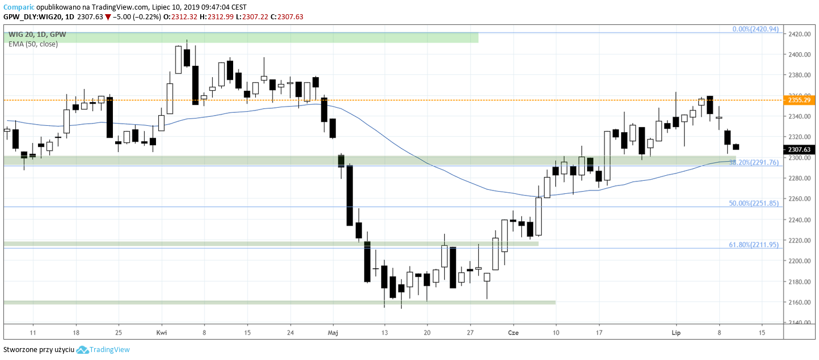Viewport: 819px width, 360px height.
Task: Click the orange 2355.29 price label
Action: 800,100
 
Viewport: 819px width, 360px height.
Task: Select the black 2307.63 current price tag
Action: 800,150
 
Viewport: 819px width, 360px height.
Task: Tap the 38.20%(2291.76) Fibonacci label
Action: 755,162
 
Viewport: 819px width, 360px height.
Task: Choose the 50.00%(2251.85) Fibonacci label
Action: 755,203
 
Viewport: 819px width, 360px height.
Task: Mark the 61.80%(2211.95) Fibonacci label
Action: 755,244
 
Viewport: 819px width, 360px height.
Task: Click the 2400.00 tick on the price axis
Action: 798,54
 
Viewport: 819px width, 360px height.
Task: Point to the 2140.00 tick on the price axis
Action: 798,323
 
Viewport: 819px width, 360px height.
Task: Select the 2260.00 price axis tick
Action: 798,199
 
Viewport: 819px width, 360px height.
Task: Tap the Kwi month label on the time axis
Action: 162,332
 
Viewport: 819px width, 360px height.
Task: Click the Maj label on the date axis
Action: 333,332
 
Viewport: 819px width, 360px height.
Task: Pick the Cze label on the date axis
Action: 513,332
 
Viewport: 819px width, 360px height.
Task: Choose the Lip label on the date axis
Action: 676,332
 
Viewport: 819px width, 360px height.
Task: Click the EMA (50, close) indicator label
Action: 33,44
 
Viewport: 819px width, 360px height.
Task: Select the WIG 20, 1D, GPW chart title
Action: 37,35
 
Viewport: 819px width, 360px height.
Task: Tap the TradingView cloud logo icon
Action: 82,350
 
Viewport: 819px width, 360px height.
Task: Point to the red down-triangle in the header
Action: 108,17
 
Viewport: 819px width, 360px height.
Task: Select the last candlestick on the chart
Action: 736,147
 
